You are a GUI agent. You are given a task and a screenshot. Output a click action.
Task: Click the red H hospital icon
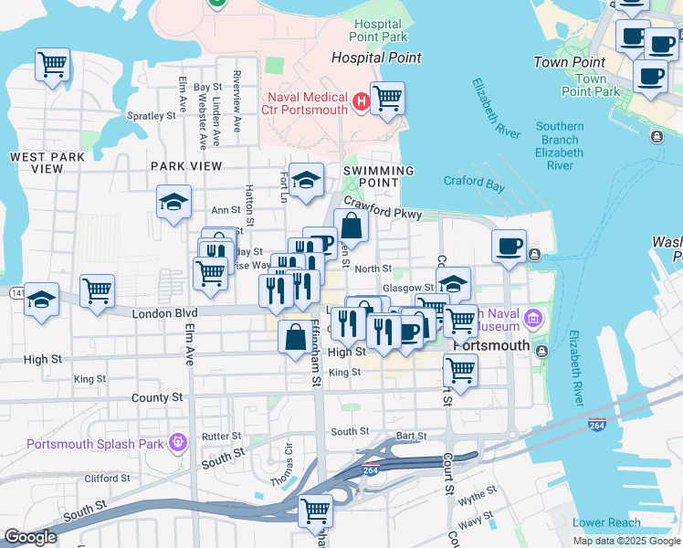coord(362,100)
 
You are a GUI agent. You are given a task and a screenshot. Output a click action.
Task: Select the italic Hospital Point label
coord(376,58)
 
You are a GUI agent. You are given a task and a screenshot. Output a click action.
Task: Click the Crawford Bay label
coord(474,182)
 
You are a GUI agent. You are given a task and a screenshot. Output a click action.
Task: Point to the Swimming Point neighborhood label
coord(378,178)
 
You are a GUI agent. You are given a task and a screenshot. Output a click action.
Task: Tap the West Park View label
coord(47,163)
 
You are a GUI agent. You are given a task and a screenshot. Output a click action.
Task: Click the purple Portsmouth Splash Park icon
coord(177,444)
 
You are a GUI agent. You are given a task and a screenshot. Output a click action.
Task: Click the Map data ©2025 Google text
coord(626,541)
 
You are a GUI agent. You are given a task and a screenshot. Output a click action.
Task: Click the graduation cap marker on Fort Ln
coord(308,180)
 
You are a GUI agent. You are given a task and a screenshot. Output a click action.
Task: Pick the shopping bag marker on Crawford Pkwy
coord(351,225)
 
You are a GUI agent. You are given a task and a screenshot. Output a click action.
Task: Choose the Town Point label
coord(569,63)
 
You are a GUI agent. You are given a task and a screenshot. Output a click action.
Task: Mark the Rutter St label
coord(221,437)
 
